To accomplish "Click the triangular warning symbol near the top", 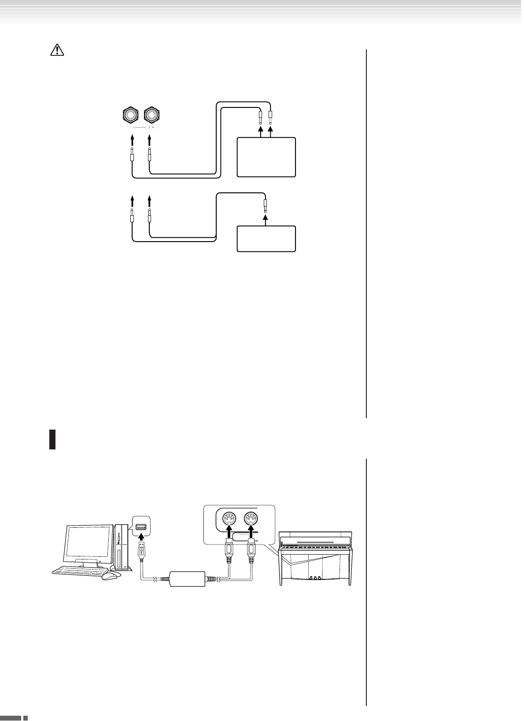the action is tap(57, 50).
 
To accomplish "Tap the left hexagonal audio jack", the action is tap(131, 115).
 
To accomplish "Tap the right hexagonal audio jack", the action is tap(151, 115).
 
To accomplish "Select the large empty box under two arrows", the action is tap(266, 157).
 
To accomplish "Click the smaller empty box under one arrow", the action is tap(266, 239).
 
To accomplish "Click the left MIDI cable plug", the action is tap(229, 556).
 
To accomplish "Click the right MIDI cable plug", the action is tap(251, 556).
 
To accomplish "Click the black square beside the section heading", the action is tap(52, 440).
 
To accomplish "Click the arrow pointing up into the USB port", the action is tap(141, 538).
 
